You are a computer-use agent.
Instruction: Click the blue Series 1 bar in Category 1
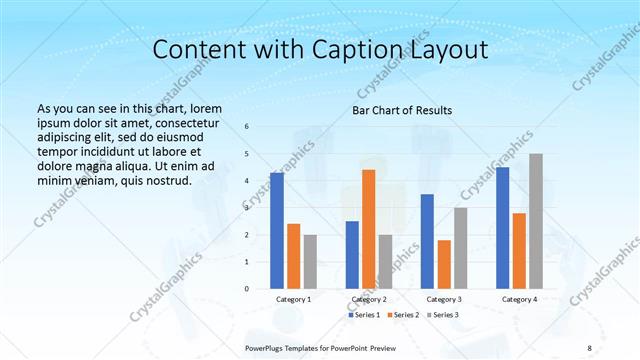277,231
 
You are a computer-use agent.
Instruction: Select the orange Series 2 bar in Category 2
368,229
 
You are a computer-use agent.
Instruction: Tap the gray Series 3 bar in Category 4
536,221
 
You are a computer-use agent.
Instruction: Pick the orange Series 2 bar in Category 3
444,264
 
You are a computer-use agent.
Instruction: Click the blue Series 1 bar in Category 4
502,228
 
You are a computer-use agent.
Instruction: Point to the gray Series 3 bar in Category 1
310,262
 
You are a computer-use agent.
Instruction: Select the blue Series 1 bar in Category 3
427,241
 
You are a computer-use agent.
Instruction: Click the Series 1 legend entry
363,315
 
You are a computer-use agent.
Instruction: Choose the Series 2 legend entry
402,315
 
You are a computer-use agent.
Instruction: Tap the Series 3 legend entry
442,315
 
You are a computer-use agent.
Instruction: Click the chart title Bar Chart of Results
402,110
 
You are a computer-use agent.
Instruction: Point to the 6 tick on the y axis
247,127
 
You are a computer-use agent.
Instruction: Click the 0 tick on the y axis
247,289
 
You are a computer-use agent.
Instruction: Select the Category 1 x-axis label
293,299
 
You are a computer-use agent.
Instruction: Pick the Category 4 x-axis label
519,299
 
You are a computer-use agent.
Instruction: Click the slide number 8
589,347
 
